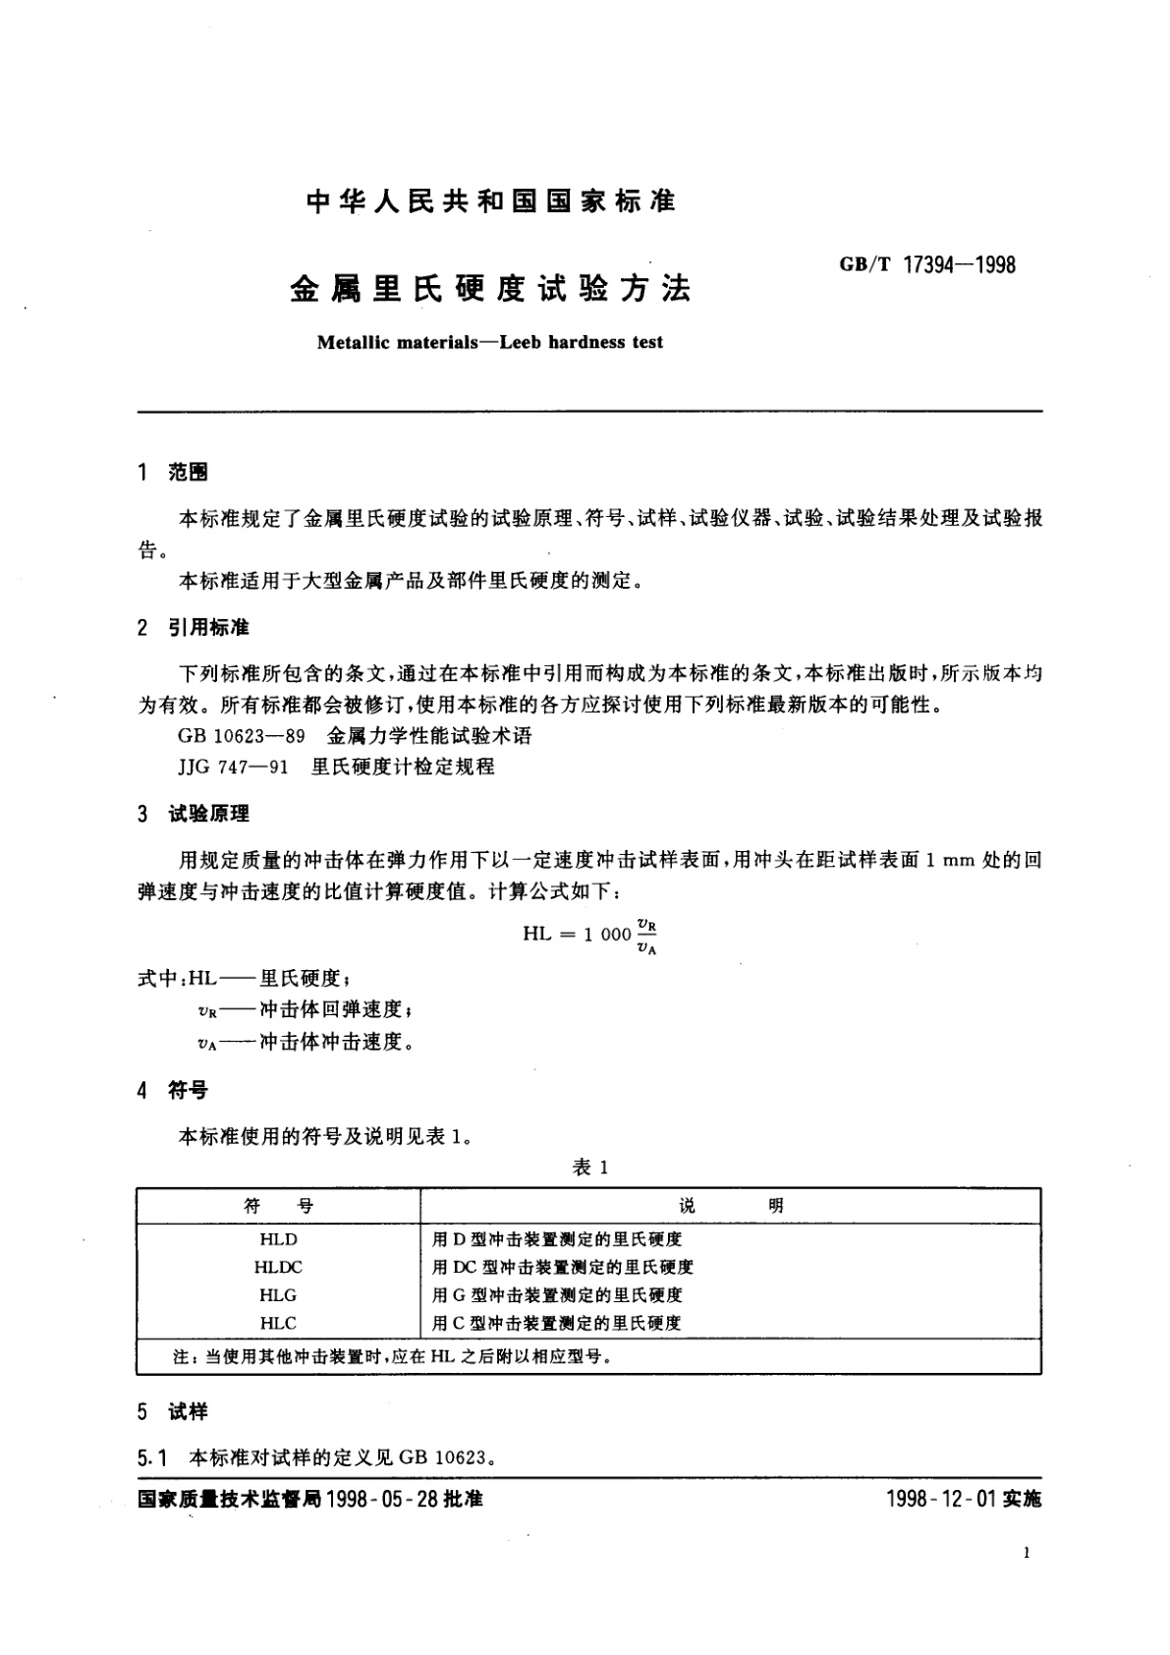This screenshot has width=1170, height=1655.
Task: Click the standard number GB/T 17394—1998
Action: [x=926, y=264]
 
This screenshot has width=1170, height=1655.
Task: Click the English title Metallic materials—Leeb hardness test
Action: [x=490, y=342]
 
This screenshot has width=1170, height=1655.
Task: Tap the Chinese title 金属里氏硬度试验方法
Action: [x=490, y=288]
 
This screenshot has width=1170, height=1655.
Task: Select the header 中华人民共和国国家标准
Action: [x=490, y=202]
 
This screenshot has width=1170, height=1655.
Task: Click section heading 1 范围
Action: [x=173, y=473]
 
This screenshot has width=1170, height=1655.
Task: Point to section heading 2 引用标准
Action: [x=194, y=628]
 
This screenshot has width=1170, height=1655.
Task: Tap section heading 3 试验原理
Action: [x=194, y=814]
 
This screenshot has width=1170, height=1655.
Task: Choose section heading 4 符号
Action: [x=173, y=1090]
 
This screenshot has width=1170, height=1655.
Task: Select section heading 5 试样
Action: [x=173, y=1411]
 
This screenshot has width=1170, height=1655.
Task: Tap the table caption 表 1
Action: [x=590, y=1168]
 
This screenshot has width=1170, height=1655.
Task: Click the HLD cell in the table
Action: [x=278, y=1239]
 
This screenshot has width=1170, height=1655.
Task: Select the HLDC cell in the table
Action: [x=278, y=1267]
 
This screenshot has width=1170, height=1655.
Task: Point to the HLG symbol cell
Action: [x=278, y=1295]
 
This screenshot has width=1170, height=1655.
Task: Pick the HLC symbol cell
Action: [x=278, y=1323]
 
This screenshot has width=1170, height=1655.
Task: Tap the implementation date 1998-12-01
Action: [x=940, y=1499]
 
